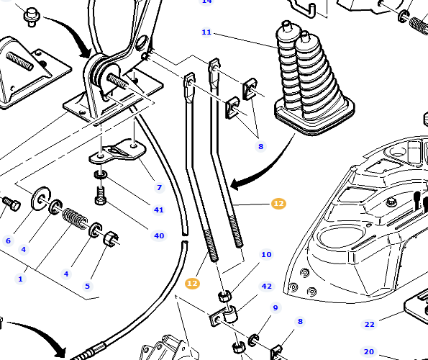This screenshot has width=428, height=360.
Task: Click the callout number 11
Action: point(206,32)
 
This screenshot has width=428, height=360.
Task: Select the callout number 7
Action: point(160,188)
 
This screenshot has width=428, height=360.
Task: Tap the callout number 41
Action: point(159,210)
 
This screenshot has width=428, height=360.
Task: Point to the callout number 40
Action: point(159,235)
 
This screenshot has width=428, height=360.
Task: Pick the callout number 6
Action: point(8,240)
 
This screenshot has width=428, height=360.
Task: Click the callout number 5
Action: point(87,286)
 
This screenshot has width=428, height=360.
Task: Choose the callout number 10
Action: point(266,255)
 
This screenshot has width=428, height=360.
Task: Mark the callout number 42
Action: point(267,287)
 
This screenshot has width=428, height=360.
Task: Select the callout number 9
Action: point(276,308)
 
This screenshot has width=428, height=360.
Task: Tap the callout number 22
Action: point(369,325)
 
